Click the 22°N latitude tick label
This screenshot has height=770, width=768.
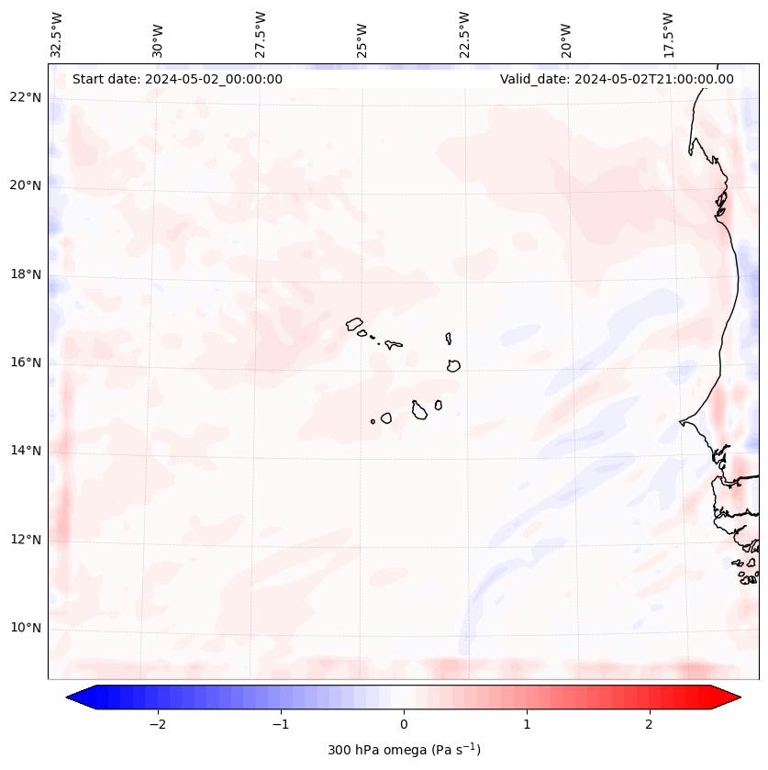click(x=25, y=97)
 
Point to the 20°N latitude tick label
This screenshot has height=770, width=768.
click(x=25, y=185)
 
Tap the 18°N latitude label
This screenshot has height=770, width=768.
click(x=25, y=274)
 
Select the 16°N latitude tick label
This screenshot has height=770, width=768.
click(x=25, y=363)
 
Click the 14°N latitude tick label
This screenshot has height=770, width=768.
click(x=25, y=451)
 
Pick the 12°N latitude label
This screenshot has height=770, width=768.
click(x=25, y=540)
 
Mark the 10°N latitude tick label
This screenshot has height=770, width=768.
click(x=25, y=628)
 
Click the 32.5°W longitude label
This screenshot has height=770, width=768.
click(x=57, y=35)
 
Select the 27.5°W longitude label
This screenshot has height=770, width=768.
click(x=261, y=35)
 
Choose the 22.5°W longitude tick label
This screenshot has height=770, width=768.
click(x=464, y=35)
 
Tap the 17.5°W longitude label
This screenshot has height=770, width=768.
click(x=668, y=35)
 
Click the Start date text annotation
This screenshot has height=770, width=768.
click(x=177, y=79)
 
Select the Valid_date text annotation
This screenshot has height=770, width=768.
click(x=617, y=79)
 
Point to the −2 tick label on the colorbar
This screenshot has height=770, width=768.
click(x=157, y=724)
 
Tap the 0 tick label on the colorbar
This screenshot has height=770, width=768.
click(x=404, y=724)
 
